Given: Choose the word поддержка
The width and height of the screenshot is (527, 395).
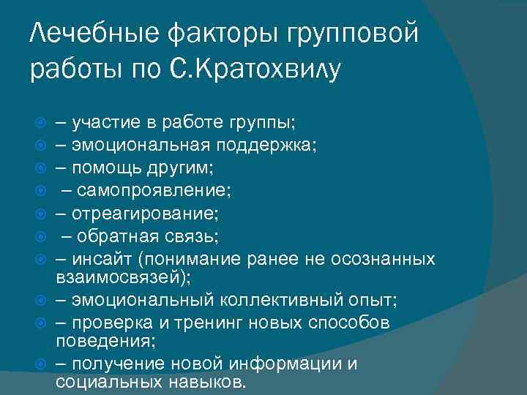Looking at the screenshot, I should click(x=270, y=143).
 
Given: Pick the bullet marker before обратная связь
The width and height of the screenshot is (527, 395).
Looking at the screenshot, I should click(x=41, y=237).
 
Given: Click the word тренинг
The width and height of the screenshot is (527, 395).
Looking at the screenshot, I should click(x=216, y=323).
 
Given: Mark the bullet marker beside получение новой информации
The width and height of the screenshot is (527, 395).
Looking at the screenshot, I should click(x=41, y=365).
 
